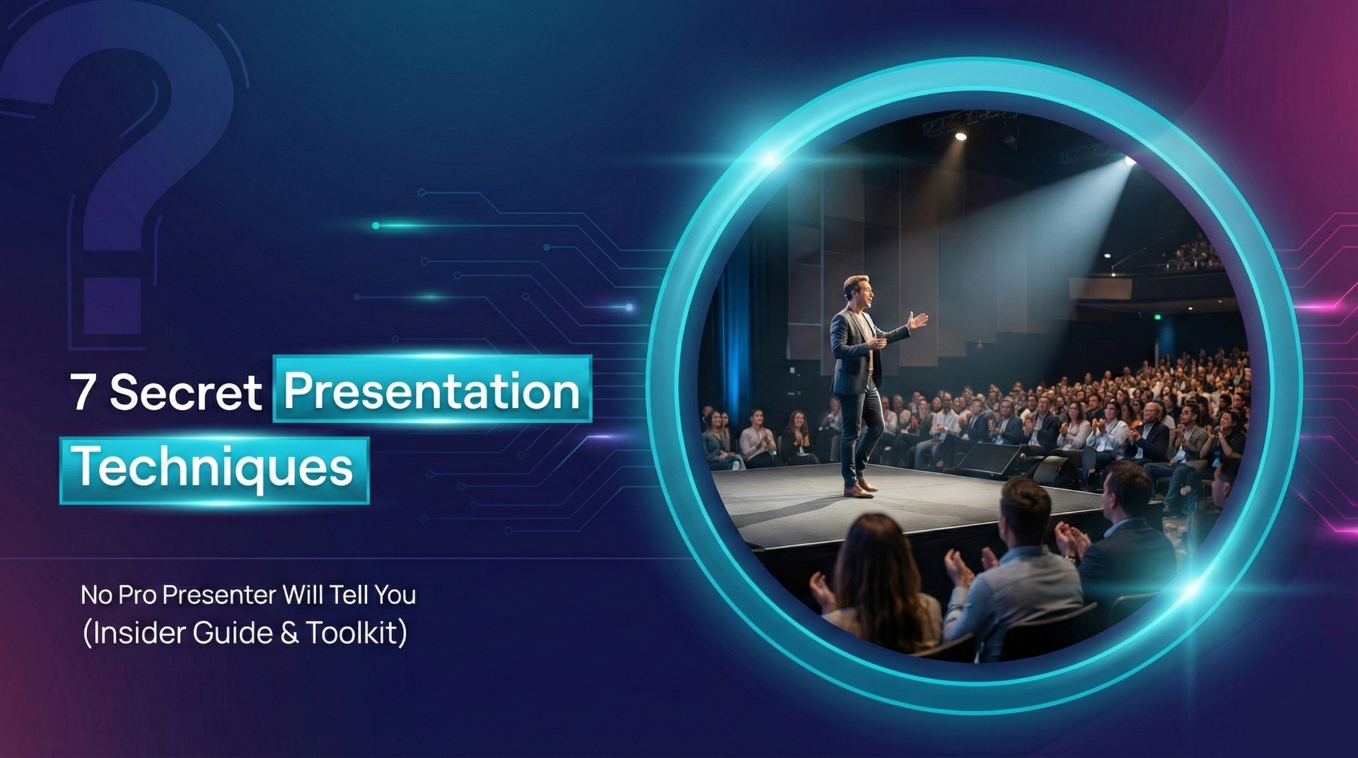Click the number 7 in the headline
coord(82,393)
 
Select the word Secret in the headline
coord(185,393)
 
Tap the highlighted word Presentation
coord(431,390)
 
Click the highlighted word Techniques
coord(214,469)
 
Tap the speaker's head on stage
coord(857,291)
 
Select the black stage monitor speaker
coord(990,458)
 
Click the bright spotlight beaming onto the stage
coord(1129,162)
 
